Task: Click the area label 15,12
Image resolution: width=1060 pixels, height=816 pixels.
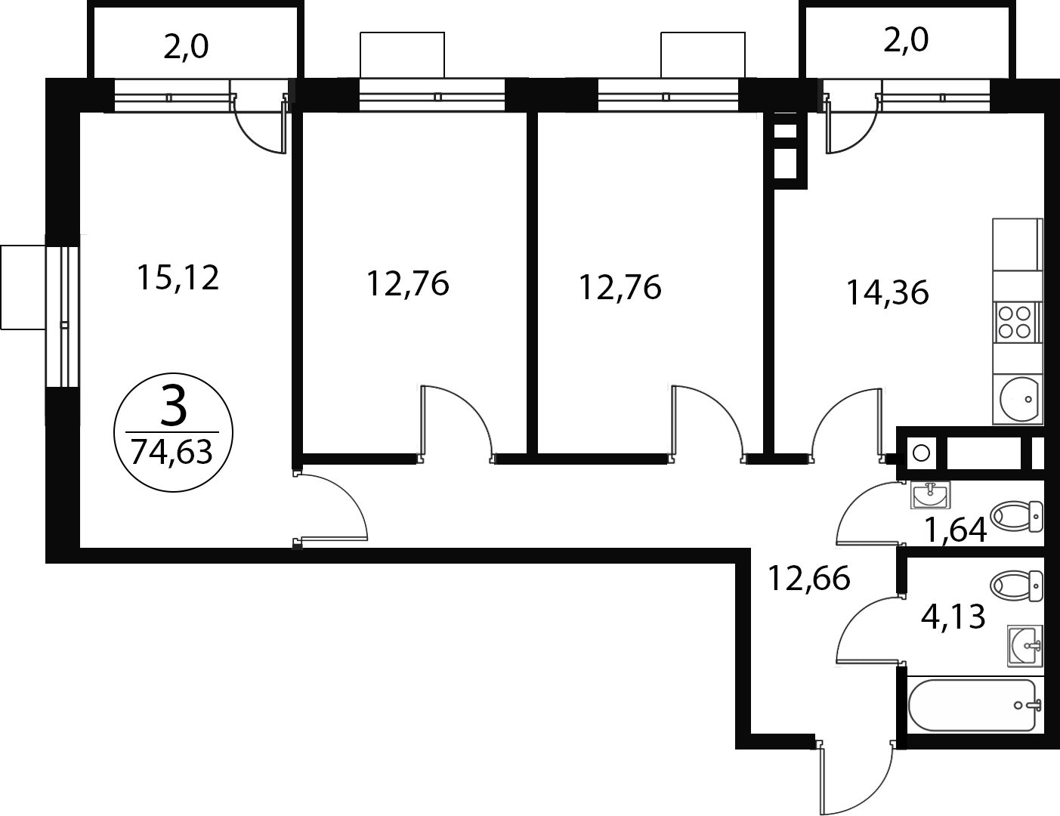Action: coord(178,278)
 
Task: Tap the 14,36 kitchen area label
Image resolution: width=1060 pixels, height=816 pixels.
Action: coord(887,293)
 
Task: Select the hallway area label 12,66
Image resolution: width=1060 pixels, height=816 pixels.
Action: coord(808,579)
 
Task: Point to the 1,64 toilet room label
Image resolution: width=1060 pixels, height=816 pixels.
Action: coord(956,530)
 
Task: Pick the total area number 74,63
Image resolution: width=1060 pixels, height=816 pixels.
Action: coord(172,452)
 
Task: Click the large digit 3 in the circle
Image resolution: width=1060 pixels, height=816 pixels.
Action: coord(173,404)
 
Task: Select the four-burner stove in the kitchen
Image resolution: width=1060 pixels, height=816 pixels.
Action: coord(1016,322)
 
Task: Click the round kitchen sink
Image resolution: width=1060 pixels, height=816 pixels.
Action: coord(1018,400)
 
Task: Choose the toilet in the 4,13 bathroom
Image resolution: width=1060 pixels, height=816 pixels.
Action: coord(1016,586)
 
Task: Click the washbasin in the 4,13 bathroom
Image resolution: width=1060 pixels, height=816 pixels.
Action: coord(1025,646)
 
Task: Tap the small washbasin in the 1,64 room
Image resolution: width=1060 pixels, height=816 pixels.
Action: coord(930,496)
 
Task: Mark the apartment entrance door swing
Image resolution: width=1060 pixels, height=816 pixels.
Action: coord(856,778)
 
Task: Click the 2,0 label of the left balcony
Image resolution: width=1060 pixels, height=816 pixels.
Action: coord(186,47)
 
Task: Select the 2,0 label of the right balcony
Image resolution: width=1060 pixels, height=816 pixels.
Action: coord(906,40)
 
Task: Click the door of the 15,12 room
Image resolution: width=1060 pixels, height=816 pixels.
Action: coord(331,507)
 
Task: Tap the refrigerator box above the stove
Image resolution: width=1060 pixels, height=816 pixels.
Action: coord(1017,245)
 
